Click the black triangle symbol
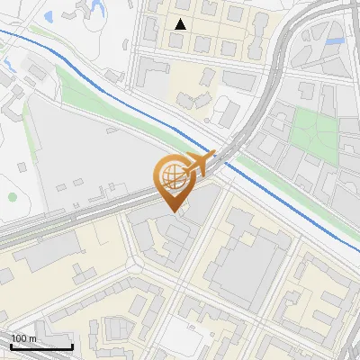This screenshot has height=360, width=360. tap(181, 24)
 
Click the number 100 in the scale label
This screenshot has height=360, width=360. tap(19, 338)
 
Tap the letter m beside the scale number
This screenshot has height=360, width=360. tap(31, 338)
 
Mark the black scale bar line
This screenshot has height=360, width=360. tap(40, 346)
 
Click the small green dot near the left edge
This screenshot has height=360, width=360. tap(12, 196)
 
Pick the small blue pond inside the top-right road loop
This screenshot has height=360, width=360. tap(336, 40)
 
